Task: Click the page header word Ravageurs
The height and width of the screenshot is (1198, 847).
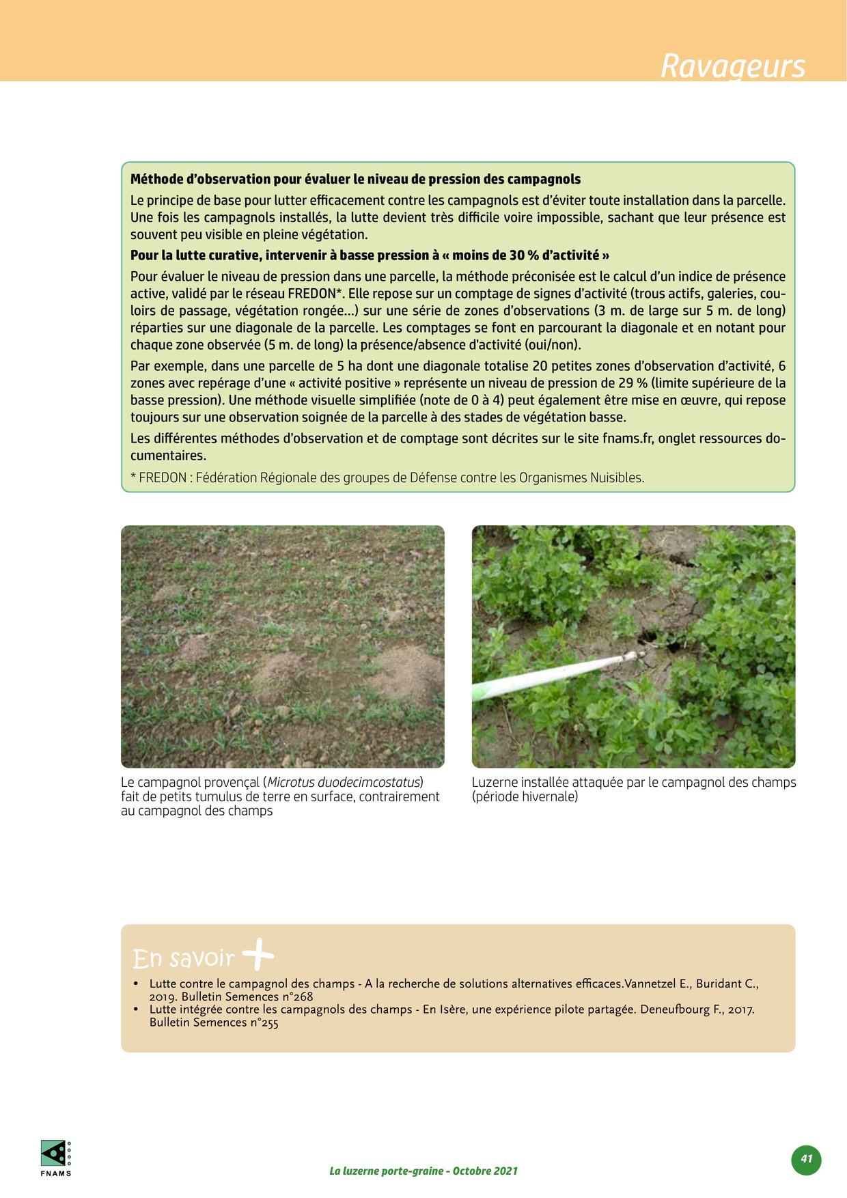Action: click(x=733, y=66)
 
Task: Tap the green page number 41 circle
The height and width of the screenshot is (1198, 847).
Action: click(x=807, y=1159)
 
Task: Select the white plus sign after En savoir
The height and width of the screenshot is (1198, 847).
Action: click(x=258, y=955)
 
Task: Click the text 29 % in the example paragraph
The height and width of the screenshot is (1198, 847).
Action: click(x=633, y=383)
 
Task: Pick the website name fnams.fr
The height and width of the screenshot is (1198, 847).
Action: click(x=628, y=438)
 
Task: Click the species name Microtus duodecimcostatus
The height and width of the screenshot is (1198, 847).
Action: click(x=343, y=783)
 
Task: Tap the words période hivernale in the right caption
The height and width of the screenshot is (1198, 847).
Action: click(x=525, y=797)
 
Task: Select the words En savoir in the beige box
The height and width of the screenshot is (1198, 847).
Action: click(x=183, y=958)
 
